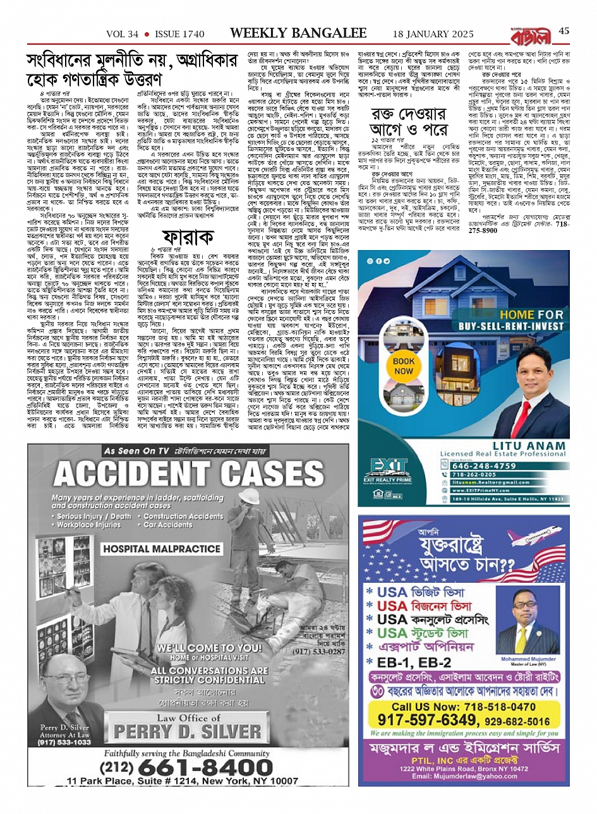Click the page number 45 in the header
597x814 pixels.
564,30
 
